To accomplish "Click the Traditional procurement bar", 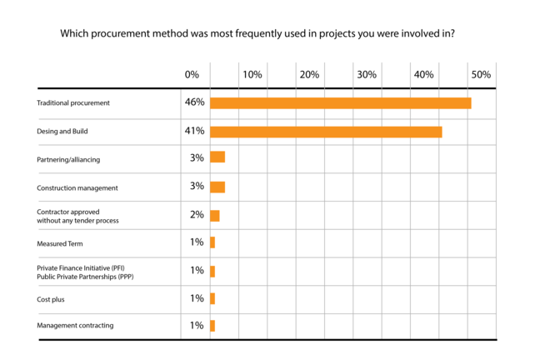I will tap(340, 103).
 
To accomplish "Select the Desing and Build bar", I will tap(326, 132).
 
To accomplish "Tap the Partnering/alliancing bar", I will tap(217, 157).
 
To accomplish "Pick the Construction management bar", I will tap(217, 187).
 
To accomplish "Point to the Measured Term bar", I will tap(212, 242).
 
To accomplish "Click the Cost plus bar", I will tap(212, 298).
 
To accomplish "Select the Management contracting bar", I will tap(212, 326).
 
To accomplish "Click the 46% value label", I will tap(194, 102).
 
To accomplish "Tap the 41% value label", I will tap(194, 132).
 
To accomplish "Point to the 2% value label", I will tap(197, 214).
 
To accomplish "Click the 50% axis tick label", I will tap(481, 75).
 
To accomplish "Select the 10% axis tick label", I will tap(252, 75).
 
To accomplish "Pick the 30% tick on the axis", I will tap(367, 75).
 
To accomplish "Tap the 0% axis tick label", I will tap(192, 75).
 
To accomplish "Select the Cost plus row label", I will tap(51, 298).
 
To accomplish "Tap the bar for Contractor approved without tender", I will tap(215, 215).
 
